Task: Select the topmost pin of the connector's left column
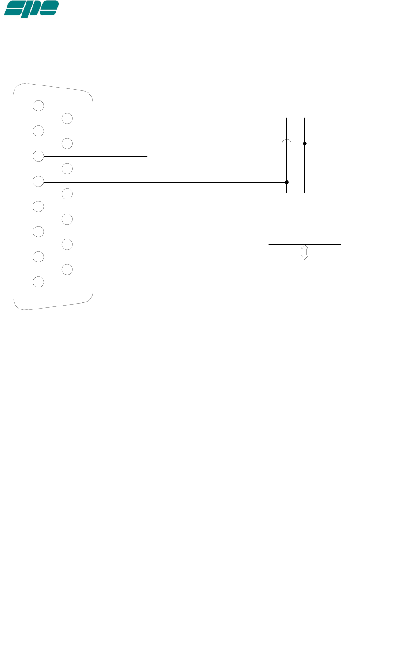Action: click(x=38, y=106)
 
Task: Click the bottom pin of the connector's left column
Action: click(x=38, y=282)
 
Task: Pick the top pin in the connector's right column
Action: click(x=67, y=118)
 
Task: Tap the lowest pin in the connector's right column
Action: click(x=67, y=269)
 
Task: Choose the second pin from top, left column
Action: click(x=38, y=131)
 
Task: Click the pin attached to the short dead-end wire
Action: click(x=38, y=156)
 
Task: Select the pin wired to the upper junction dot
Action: click(x=67, y=143)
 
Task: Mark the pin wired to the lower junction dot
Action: click(x=38, y=181)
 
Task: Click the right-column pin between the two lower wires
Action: click(x=67, y=168)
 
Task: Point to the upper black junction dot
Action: click(x=304, y=144)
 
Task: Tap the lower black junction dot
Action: click(x=286, y=182)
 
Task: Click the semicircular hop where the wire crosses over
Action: click(x=286, y=142)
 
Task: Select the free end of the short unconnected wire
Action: click(x=147, y=156)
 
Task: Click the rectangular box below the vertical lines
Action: click(x=304, y=218)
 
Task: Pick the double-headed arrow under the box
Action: click(x=304, y=252)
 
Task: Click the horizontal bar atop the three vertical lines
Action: click(x=305, y=118)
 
